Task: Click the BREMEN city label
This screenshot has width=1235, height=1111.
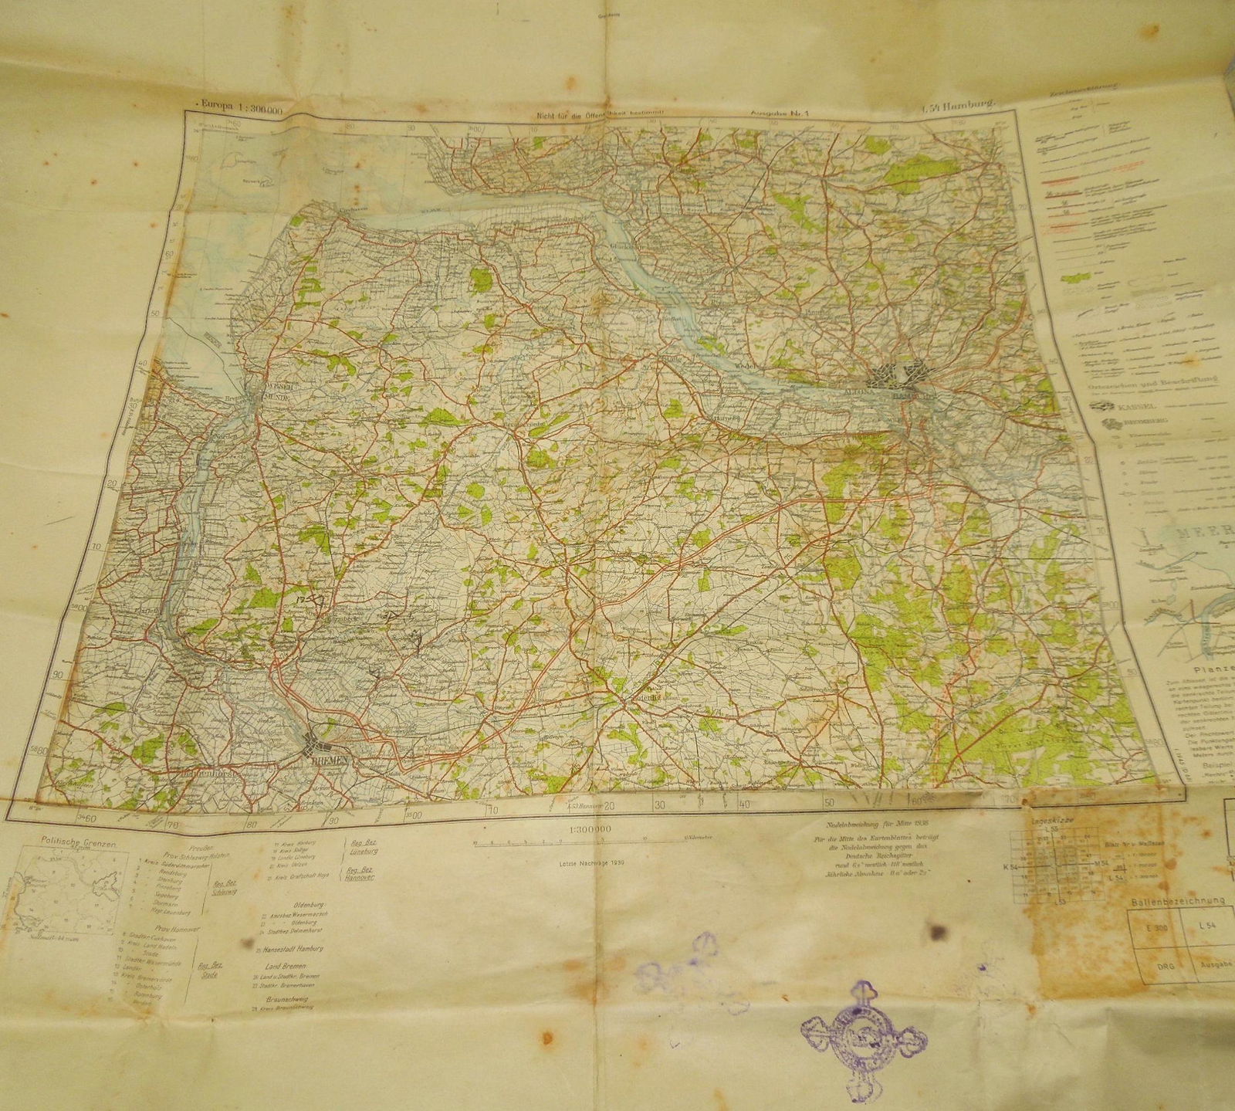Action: coord(330,760)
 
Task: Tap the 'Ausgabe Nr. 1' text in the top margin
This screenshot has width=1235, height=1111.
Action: coord(783,111)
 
